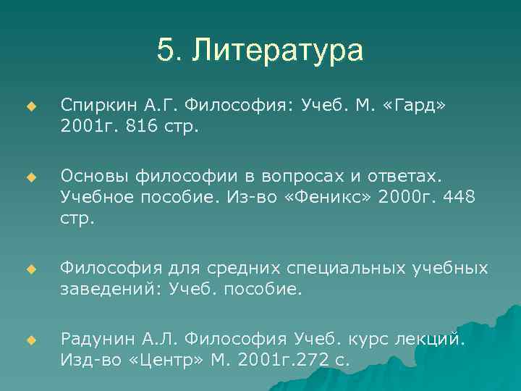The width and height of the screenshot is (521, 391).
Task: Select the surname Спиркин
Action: click(91, 106)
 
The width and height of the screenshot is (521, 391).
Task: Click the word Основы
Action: click(91, 177)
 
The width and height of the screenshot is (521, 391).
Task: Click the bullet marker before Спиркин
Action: click(30, 106)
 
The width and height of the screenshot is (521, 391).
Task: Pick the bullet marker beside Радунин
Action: click(30, 340)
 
